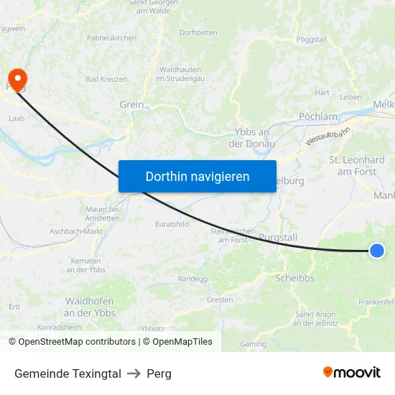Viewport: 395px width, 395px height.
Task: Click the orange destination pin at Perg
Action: point(15,78)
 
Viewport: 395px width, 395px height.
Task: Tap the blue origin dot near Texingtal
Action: point(377,250)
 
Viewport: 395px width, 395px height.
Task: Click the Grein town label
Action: point(131,104)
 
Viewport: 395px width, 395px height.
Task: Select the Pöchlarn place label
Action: point(317,116)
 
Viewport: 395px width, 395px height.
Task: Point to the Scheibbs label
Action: point(294,278)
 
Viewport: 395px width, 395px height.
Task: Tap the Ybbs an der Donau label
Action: point(251,137)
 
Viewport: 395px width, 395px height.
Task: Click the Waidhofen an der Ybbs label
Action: point(90,307)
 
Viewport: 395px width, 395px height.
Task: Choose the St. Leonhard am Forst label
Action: point(356,166)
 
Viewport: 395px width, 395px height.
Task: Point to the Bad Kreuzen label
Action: point(106,79)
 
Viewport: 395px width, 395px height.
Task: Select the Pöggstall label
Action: point(312,38)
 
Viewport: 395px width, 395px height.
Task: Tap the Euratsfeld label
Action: point(172,224)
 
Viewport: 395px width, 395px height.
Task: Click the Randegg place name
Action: point(192,279)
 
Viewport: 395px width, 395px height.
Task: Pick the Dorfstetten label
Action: point(198,32)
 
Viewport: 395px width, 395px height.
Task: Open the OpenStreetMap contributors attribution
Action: point(77,342)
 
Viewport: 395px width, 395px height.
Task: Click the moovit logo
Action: point(352,373)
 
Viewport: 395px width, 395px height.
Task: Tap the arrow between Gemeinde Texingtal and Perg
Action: point(134,373)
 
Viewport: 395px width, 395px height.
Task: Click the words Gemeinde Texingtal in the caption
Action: point(68,373)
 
